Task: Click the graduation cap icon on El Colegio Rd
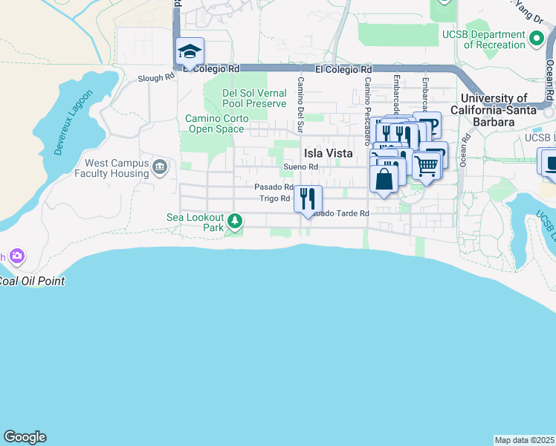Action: click(x=190, y=52)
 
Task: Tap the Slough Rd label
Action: click(x=155, y=77)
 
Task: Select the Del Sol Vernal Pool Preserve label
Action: click(x=254, y=98)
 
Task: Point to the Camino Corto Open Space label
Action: click(x=215, y=123)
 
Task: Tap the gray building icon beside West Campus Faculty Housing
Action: click(x=160, y=168)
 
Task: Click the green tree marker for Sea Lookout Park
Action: click(x=235, y=221)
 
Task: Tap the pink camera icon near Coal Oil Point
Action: click(x=16, y=257)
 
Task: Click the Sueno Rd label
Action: click(x=300, y=167)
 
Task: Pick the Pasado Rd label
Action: click(x=274, y=187)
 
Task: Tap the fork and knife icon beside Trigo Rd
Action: click(x=307, y=198)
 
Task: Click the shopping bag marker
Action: click(x=384, y=180)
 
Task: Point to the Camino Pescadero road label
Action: click(x=367, y=111)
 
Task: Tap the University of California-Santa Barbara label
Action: click(x=494, y=110)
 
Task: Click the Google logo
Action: click(x=25, y=437)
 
